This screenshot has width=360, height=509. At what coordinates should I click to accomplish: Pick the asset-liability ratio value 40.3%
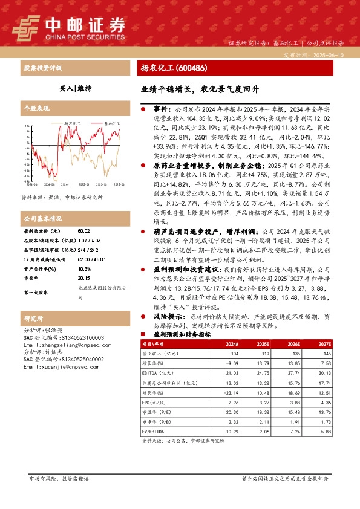tap(84, 251)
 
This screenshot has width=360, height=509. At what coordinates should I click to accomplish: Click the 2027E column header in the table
tap(326, 343)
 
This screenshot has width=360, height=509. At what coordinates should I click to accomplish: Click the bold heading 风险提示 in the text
tap(168, 316)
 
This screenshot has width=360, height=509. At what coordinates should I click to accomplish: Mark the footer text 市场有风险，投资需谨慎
tap(59, 478)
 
